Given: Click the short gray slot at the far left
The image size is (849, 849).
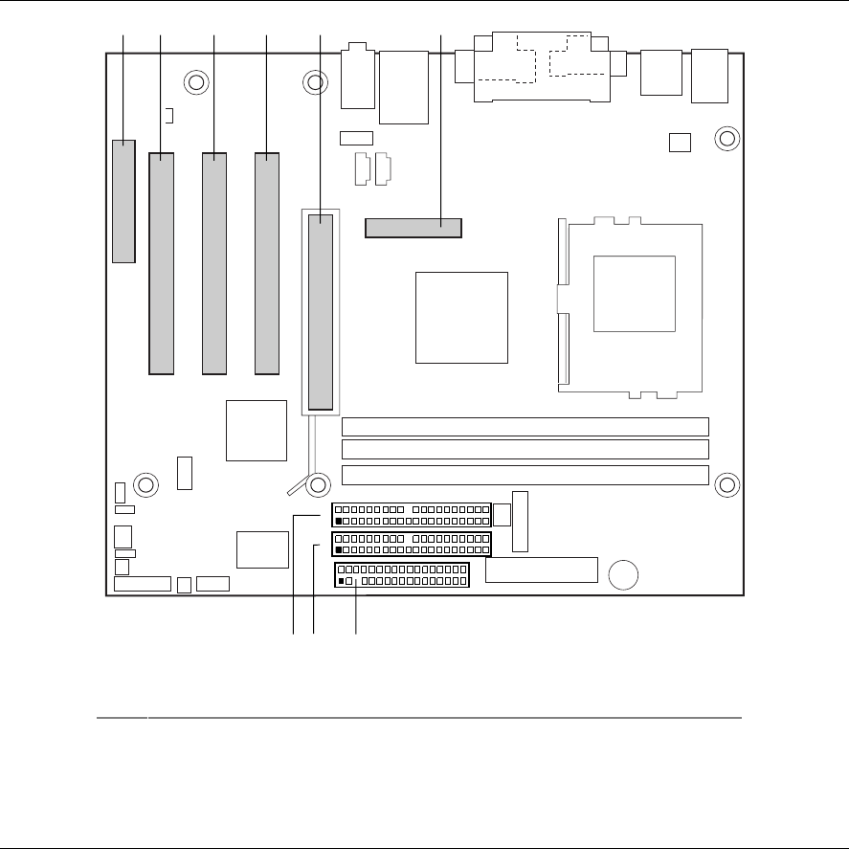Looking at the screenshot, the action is click(123, 201).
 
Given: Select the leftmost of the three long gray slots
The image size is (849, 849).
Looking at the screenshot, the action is click(162, 261).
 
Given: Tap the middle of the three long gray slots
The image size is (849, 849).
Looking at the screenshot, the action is click(214, 261).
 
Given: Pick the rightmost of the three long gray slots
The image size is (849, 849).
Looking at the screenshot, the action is click(266, 261).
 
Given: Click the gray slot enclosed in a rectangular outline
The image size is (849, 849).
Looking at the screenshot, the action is click(321, 312).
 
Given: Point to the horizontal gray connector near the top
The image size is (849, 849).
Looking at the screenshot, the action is click(413, 229).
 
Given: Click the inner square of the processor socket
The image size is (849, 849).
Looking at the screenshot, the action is click(635, 294).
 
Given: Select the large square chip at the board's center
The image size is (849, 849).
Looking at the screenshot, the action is click(461, 317).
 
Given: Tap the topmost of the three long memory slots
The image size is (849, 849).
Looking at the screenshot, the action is click(525, 427).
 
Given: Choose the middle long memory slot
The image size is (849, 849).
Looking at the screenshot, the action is click(525, 449).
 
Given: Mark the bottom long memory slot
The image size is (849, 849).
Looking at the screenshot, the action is click(525, 475).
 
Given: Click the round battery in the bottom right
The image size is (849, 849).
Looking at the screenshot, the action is click(624, 574).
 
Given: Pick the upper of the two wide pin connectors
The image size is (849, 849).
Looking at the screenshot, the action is click(412, 515).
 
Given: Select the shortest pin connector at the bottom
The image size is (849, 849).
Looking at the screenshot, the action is click(402, 576).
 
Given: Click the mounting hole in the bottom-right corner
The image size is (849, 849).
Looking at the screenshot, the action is click(726, 485).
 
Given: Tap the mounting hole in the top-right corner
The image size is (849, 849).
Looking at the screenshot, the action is click(726, 139).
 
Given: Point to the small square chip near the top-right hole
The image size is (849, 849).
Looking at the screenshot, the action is click(680, 142).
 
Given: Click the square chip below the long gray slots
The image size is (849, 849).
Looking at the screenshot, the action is click(257, 430).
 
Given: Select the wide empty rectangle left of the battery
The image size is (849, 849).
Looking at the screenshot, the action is click(541, 570).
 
